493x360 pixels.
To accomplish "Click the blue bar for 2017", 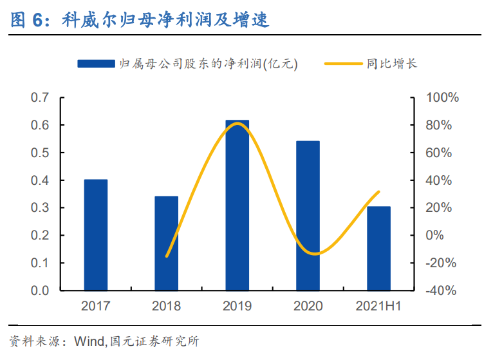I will (x=95, y=235).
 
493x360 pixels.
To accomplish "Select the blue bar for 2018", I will (x=166, y=243).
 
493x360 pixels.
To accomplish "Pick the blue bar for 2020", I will (x=308, y=216).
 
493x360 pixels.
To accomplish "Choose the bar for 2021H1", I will (x=378, y=248).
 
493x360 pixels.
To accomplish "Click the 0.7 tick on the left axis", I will (x=41, y=98).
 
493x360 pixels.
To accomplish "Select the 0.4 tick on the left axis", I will (x=41, y=180).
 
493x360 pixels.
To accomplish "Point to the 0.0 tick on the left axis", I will (x=41, y=290).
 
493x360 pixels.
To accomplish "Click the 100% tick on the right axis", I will (x=442, y=98).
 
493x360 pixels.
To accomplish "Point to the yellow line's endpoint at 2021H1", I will (x=378, y=192).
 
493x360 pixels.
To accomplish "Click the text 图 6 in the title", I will (x=30, y=20).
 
